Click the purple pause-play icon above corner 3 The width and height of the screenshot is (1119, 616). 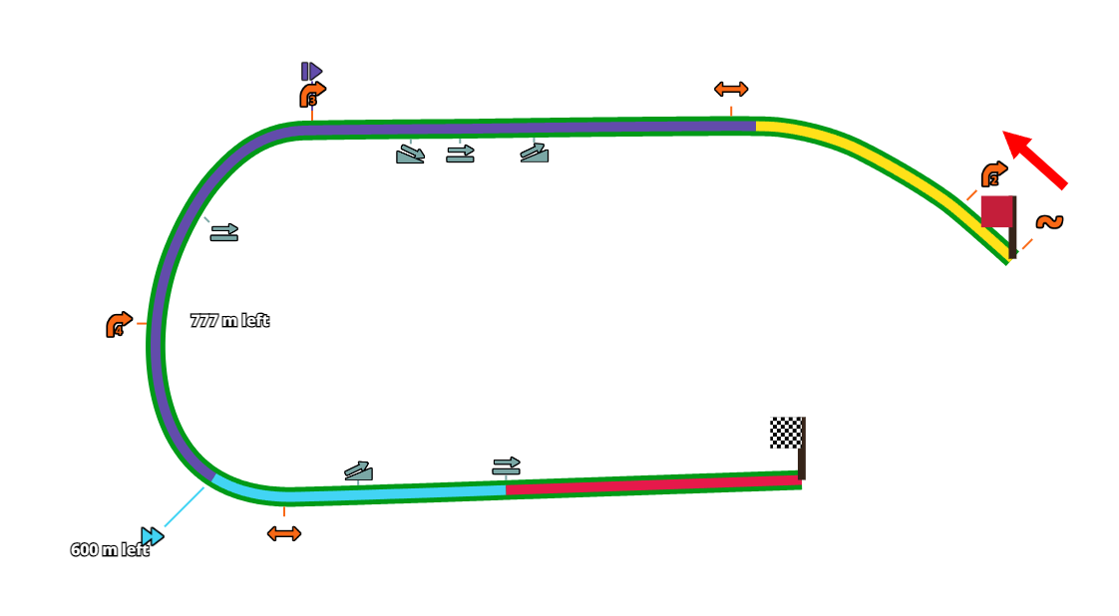pos(311,71)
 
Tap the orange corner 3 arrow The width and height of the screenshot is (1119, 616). pos(312,95)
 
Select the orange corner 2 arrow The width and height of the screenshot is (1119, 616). pos(993,175)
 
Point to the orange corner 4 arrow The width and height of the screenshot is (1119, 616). pos(119,325)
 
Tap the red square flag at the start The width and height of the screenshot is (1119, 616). pos(996,211)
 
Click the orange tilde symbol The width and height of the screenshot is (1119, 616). pos(1049,221)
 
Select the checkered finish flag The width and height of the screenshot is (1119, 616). pos(785,433)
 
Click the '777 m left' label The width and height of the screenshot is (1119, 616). pos(229,321)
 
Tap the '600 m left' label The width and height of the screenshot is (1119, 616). pos(109,550)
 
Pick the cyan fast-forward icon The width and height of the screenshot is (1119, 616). pos(152,536)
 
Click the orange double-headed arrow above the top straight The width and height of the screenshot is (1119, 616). pos(731,89)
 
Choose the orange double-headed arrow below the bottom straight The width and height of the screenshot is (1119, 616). pos(284,533)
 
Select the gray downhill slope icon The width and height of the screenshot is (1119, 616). pos(410,154)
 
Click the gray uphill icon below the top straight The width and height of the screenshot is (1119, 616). pos(535,153)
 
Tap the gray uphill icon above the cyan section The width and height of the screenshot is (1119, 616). pos(359,470)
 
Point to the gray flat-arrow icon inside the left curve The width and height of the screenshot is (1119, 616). pos(223,232)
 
